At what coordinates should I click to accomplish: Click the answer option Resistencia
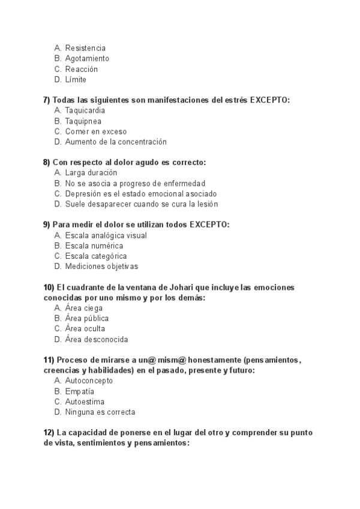(x=85, y=47)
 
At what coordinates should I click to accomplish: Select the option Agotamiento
(x=87, y=58)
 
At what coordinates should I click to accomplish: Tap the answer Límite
(x=76, y=79)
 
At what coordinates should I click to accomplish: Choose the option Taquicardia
(x=86, y=110)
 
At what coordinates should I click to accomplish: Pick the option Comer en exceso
(x=96, y=131)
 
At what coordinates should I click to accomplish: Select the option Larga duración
(x=91, y=173)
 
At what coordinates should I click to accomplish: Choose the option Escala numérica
(x=94, y=245)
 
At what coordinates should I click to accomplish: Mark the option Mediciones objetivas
(x=101, y=267)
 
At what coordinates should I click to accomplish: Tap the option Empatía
(x=80, y=391)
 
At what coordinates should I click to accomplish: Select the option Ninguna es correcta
(x=100, y=412)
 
